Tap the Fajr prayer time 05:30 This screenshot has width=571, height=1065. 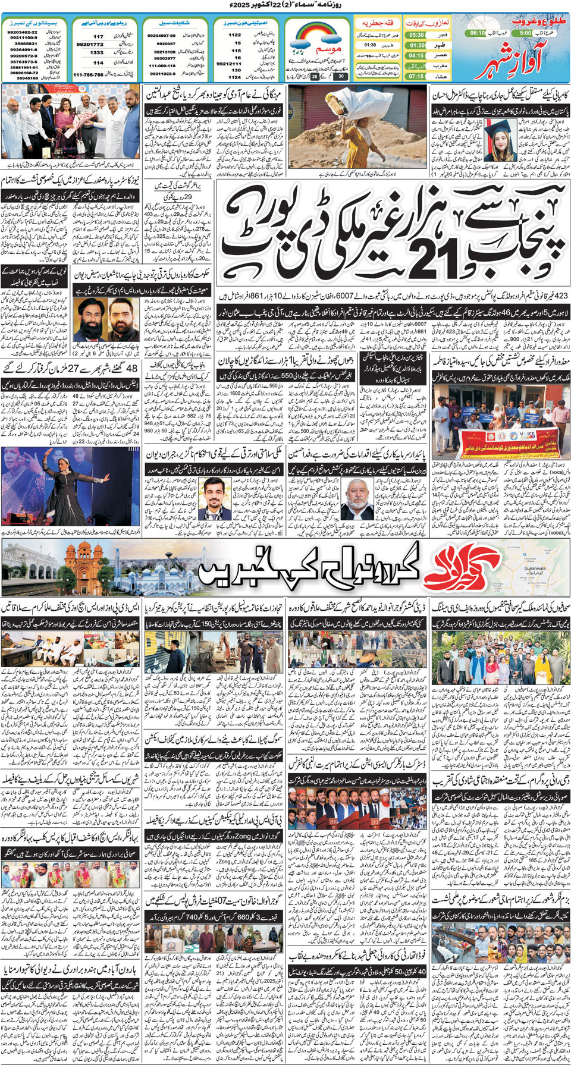point(417,35)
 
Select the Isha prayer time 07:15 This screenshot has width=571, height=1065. point(417,76)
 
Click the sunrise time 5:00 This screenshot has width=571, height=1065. point(525,33)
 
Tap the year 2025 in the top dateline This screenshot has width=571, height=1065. point(240,5)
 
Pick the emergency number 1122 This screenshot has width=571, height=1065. point(234,35)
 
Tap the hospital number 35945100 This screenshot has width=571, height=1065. point(27,78)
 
